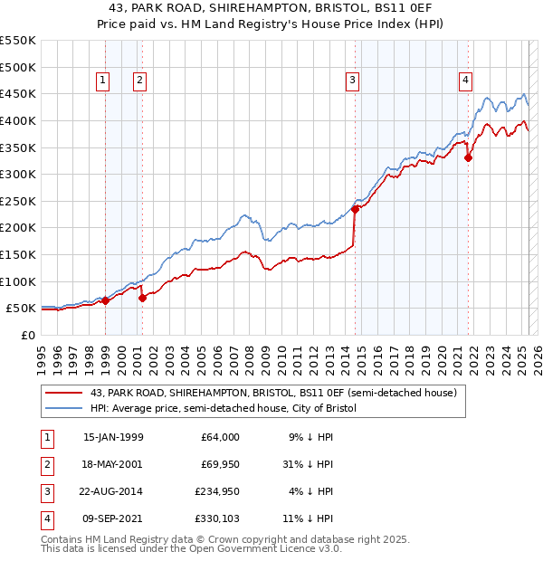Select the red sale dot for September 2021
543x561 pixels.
[468, 157]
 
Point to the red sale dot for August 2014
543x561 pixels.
[356, 209]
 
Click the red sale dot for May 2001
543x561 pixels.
[142, 297]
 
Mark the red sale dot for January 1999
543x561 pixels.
[105, 300]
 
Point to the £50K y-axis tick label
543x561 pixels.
[22, 309]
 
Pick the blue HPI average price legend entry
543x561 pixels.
[224, 409]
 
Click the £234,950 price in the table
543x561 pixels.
[215, 492]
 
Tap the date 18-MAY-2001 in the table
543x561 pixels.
[113, 464]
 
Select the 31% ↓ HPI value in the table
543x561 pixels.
[309, 464]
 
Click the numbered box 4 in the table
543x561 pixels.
[45, 519]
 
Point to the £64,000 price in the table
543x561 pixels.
[219, 437]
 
